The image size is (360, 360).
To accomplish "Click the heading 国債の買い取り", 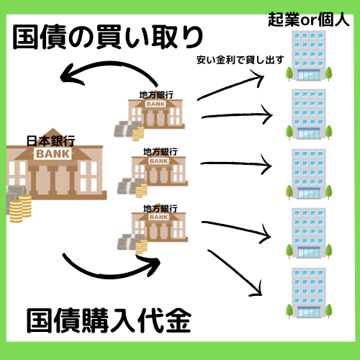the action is (x=108, y=37).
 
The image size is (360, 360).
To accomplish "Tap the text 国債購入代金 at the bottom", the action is (x=109, y=321).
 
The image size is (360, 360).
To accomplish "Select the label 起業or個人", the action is (x=308, y=19).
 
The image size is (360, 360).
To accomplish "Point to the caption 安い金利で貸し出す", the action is (x=240, y=60).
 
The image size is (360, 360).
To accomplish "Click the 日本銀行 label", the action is (x=50, y=141).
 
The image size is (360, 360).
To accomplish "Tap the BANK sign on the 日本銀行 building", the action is (x=53, y=154).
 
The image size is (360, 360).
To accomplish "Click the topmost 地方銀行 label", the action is (x=156, y=95).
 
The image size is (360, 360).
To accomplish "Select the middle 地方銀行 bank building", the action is (x=159, y=171).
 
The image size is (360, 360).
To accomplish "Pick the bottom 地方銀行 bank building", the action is (x=159, y=227).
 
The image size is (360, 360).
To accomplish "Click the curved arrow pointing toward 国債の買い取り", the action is (x=110, y=63).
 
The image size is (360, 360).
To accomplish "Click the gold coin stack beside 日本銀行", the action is (x=20, y=208).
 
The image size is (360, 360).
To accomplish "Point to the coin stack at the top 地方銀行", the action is (x=138, y=133).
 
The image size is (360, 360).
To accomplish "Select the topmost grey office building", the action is (x=309, y=55).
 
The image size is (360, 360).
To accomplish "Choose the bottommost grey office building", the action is (x=309, y=293).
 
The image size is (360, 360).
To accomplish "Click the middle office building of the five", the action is (x=309, y=174).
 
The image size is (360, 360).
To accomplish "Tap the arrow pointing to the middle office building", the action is (x=235, y=163).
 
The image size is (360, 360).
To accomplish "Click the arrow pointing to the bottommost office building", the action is (x=234, y=272).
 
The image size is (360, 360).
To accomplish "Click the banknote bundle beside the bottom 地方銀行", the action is (x=128, y=242).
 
